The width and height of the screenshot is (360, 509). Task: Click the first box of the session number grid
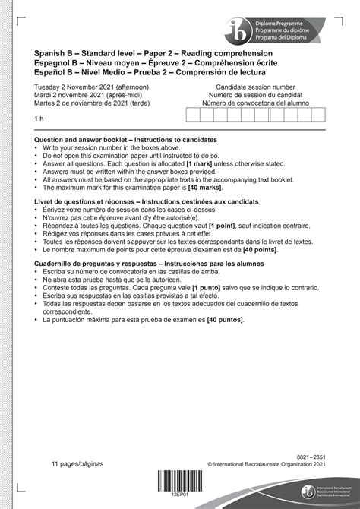point(194,115)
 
